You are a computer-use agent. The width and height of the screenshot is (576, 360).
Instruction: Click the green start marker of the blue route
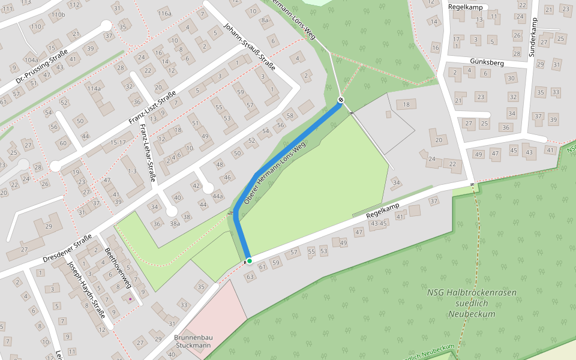coord(249,260)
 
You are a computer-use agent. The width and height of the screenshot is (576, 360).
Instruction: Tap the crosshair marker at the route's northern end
coord(341,100)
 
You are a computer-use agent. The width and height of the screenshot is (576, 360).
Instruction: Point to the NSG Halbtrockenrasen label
coord(472,303)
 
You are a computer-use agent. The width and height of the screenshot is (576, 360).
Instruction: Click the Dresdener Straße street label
coord(67,248)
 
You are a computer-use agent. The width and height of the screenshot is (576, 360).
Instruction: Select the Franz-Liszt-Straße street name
coord(152,108)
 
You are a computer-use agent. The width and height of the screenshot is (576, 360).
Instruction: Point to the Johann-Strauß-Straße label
coord(248,47)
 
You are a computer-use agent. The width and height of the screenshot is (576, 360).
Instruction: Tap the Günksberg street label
coord(470,62)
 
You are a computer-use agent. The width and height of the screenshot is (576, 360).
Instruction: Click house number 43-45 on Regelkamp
coord(379,224)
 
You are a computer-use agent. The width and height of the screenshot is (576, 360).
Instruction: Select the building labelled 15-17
coord(113,142)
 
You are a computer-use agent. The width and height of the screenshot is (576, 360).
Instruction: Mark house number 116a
coord(164,13)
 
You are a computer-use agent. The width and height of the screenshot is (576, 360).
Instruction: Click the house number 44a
coord(217,196)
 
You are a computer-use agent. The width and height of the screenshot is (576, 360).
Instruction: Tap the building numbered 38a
coord(175,224)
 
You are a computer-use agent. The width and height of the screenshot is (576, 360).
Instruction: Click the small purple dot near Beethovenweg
coord(130,298)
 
